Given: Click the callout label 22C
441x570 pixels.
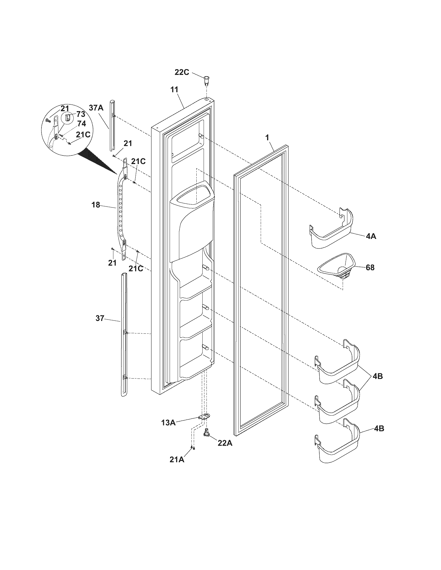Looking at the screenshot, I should (182, 73).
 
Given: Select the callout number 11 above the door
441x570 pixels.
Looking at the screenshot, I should (174, 90).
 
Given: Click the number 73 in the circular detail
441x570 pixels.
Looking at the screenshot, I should (81, 114).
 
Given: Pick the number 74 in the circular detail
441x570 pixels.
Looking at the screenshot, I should (81, 124).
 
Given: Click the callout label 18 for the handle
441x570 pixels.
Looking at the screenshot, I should (96, 205).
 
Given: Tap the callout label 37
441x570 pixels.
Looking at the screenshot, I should (100, 318).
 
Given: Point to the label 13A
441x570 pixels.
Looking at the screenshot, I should (168, 422).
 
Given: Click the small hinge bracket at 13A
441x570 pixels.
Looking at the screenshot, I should (205, 417).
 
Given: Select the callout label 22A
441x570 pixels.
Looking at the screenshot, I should (225, 443).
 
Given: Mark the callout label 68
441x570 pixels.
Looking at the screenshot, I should (370, 268).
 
